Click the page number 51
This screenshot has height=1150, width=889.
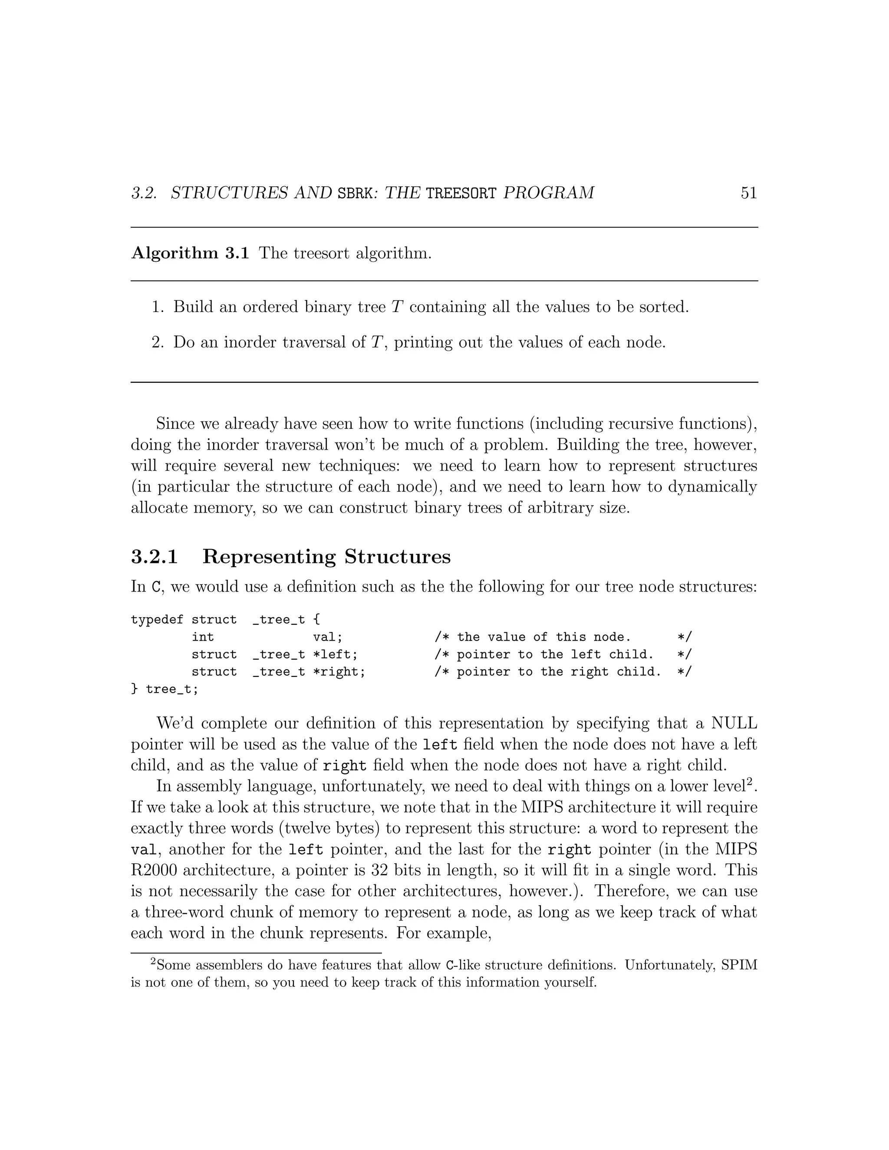[x=748, y=193]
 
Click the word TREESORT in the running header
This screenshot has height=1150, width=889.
[x=461, y=193]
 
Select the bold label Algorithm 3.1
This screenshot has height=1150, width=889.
[x=190, y=253]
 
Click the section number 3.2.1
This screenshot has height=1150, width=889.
[x=154, y=557]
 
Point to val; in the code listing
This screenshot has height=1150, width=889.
[x=328, y=637]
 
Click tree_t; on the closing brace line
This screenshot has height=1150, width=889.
[x=172, y=689]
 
